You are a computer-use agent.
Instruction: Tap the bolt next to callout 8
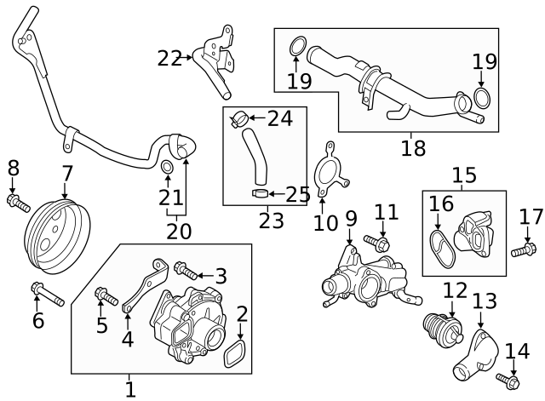click(x=18, y=203)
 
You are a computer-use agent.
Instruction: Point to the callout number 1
click(x=129, y=390)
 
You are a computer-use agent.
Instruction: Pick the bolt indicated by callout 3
click(x=185, y=271)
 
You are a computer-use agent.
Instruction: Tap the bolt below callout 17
click(x=524, y=250)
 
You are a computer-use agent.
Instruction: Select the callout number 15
click(x=464, y=175)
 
